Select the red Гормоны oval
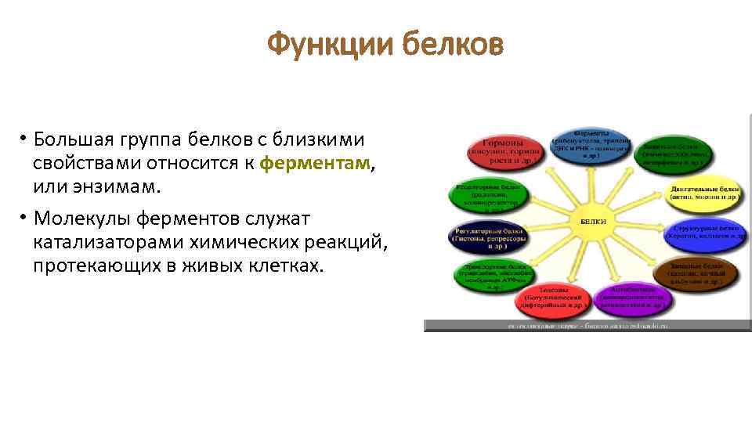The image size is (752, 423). pos(505,150)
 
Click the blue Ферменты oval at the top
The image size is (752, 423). pos(591,143)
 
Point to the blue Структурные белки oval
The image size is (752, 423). pos(703,233)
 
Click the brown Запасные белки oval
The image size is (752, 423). pos(694,273)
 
